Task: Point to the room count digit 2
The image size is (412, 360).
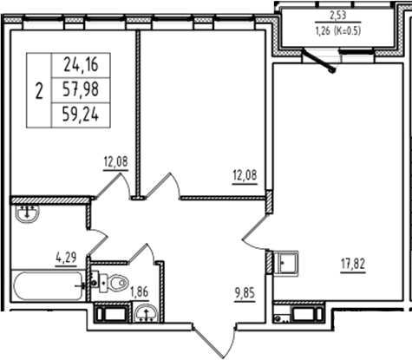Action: [x=39, y=89]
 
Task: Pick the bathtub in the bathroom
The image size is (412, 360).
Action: [x=48, y=284]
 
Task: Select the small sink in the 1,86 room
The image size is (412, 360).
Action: [x=145, y=314]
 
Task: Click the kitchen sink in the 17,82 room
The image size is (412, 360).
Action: [x=287, y=261]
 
